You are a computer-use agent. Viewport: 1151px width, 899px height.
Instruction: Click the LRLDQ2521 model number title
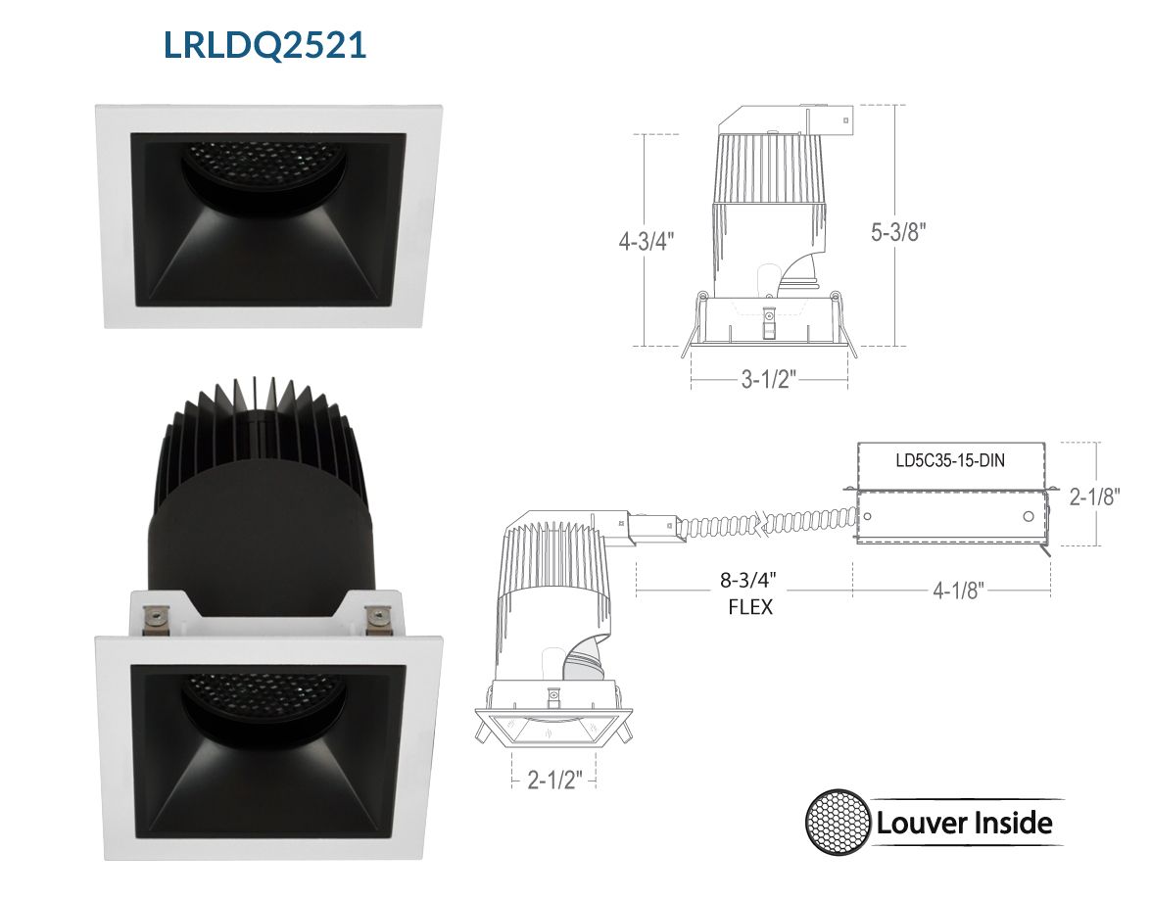coord(264,45)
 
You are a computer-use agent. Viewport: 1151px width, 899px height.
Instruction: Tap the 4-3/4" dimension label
coord(646,241)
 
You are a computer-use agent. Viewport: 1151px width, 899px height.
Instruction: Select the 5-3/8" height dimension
coord(898,232)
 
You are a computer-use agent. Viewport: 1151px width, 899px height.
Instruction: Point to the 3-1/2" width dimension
coord(769,379)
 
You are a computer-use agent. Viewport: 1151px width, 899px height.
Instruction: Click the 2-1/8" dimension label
coord(1094,497)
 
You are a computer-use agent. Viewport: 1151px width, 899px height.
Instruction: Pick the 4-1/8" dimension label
coord(959,591)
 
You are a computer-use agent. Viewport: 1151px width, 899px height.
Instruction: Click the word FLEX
coord(750,607)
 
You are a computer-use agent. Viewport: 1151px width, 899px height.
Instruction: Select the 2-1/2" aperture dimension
coord(555,780)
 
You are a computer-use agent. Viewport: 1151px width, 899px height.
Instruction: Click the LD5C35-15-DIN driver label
coord(950,461)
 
